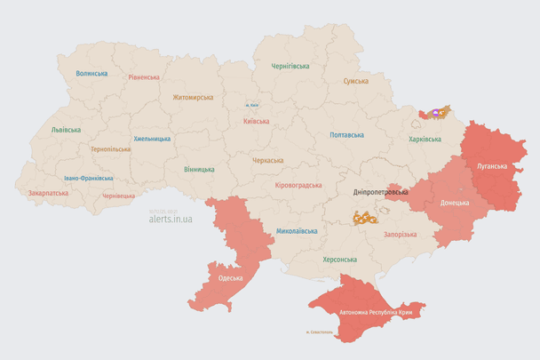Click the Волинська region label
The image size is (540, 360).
point(91,74)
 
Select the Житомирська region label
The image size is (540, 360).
point(193,97)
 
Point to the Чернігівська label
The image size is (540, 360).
point(290,66)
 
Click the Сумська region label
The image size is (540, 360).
point(356,81)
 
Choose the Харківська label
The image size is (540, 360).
point(425,139)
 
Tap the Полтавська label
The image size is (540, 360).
point(346,135)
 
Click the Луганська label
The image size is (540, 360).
point(492,166)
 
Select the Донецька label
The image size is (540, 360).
point(456,203)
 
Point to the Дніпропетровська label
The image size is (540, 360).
point(380,192)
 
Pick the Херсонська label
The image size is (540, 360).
point(338,260)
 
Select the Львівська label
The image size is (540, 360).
point(66,130)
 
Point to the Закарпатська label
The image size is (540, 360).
point(47,192)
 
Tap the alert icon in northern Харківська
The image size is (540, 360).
point(436,114)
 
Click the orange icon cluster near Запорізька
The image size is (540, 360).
point(364,217)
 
